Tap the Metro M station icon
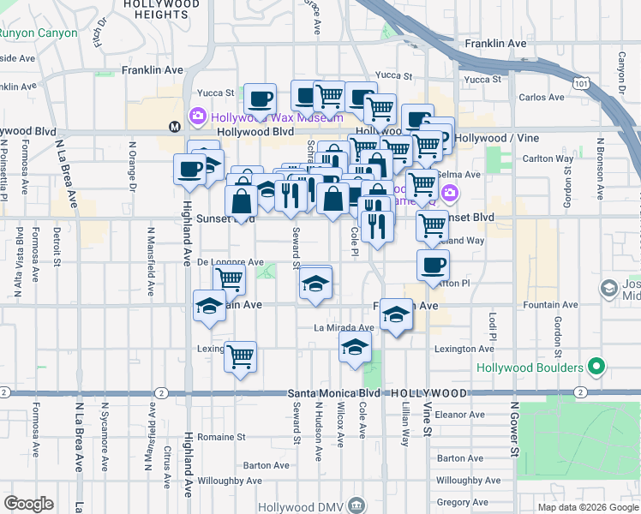click(x=175, y=126)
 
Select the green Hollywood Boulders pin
click(x=598, y=368)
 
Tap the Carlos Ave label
click(x=541, y=98)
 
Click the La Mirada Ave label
click(x=344, y=327)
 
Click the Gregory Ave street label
click(x=457, y=503)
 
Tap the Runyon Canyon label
click(x=39, y=33)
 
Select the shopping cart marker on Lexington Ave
click(x=241, y=356)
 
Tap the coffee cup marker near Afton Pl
click(x=433, y=265)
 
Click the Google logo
click(x=28, y=504)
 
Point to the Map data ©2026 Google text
click(x=588, y=507)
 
